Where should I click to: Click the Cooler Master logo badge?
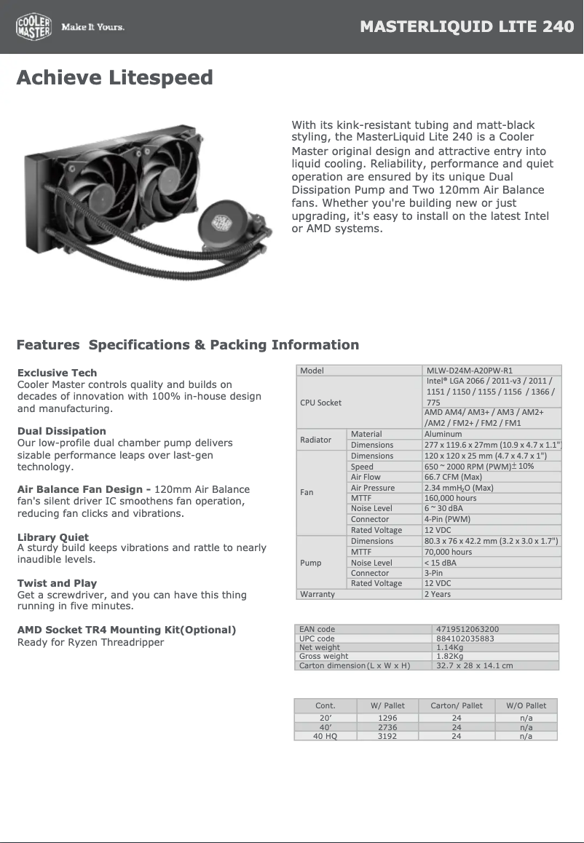(33, 28)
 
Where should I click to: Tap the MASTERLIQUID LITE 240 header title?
(467, 28)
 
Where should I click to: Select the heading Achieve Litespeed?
(114, 78)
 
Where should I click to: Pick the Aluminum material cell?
(443, 434)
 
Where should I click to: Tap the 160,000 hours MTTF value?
(450, 498)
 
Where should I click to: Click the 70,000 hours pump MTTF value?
(448, 552)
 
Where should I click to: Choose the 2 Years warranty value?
(438, 594)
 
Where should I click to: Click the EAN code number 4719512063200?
(467, 629)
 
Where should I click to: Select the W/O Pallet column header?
(526, 705)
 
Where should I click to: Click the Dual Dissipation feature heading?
(62, 431)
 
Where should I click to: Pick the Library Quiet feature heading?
(53, 537)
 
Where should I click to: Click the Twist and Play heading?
(57, 583)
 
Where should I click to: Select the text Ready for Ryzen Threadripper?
(90, 642)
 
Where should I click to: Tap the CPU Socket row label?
(320, 403)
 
